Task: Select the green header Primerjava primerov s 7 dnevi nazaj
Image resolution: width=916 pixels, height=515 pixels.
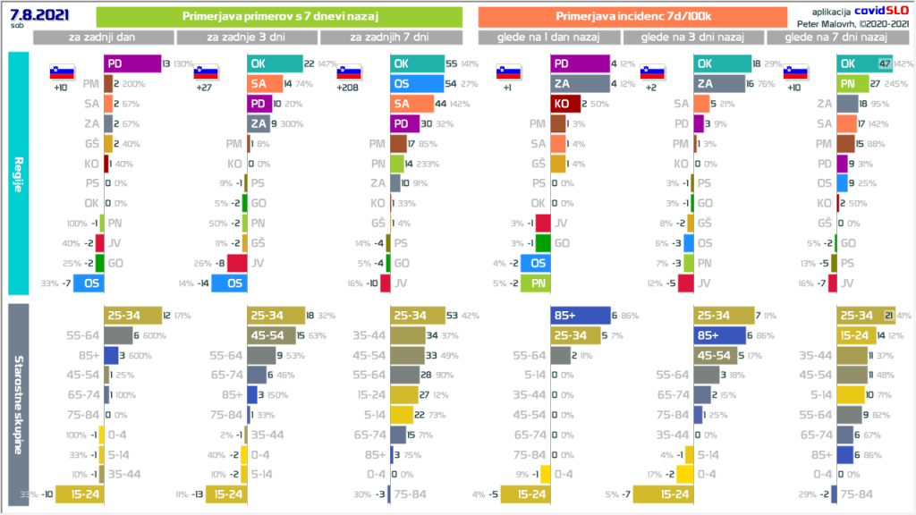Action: (278, 17)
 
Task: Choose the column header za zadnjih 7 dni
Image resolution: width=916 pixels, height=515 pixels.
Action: (390, 38)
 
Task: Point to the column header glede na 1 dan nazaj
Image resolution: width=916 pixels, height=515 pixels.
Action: (549, 38)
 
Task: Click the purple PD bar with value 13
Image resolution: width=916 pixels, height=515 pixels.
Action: (131, 64)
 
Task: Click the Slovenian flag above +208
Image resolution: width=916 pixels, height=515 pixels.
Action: (348, 73)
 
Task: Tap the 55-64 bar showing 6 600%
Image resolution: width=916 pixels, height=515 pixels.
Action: (117, 334)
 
